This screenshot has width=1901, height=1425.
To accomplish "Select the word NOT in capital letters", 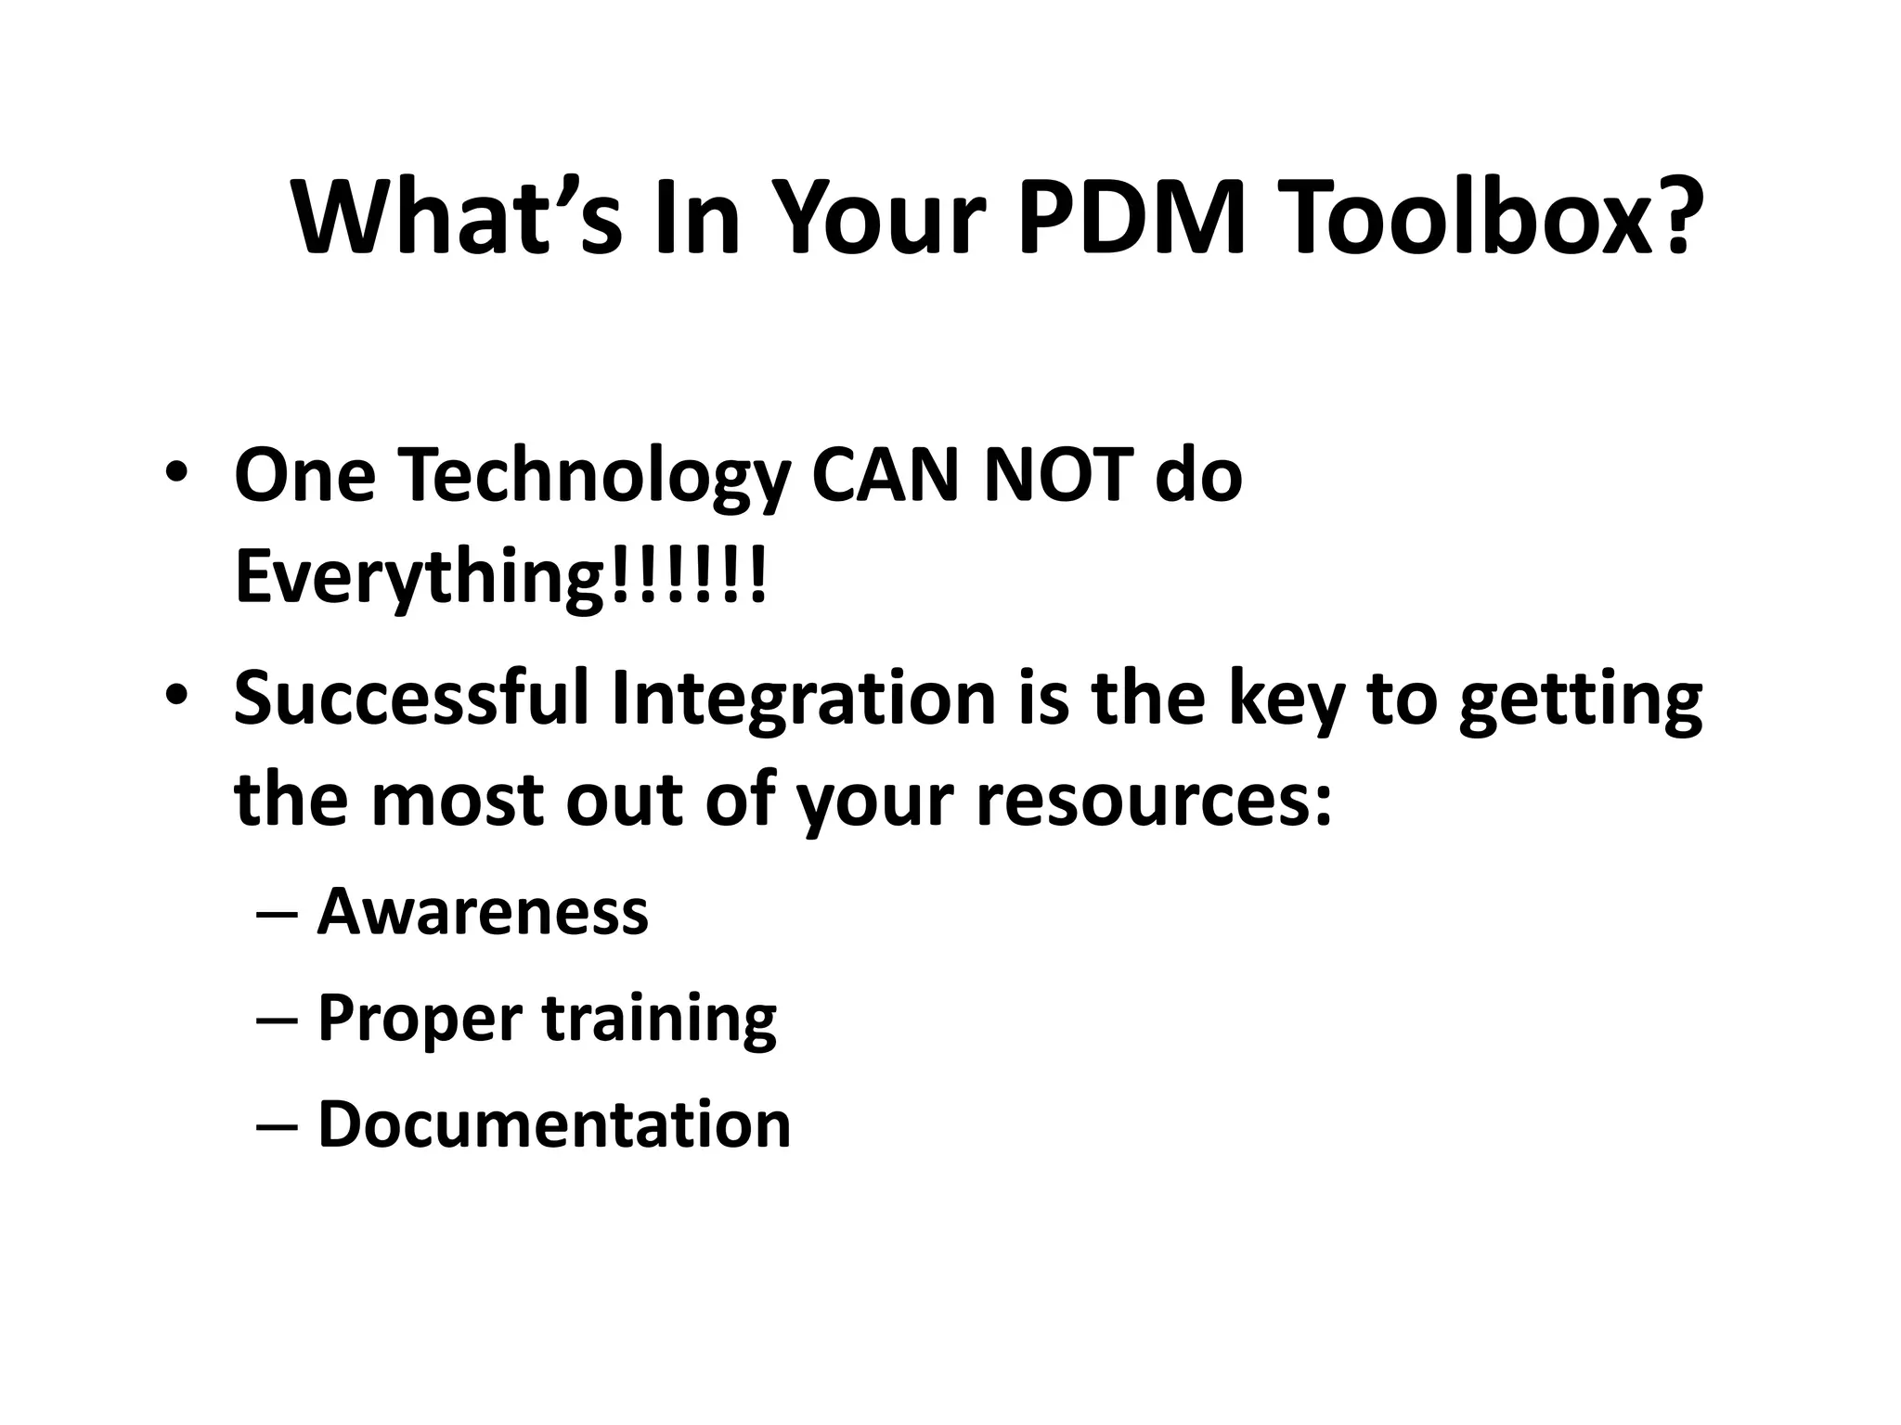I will [1058, 475].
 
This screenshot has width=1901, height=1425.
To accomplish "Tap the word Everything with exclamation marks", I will [501, 577].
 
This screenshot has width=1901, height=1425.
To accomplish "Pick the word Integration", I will [804, 698].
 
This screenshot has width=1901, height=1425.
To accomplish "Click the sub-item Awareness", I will [483, 911].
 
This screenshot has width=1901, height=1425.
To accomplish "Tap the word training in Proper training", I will [659, 1019].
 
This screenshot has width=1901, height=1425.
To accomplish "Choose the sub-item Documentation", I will [554, 1124].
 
